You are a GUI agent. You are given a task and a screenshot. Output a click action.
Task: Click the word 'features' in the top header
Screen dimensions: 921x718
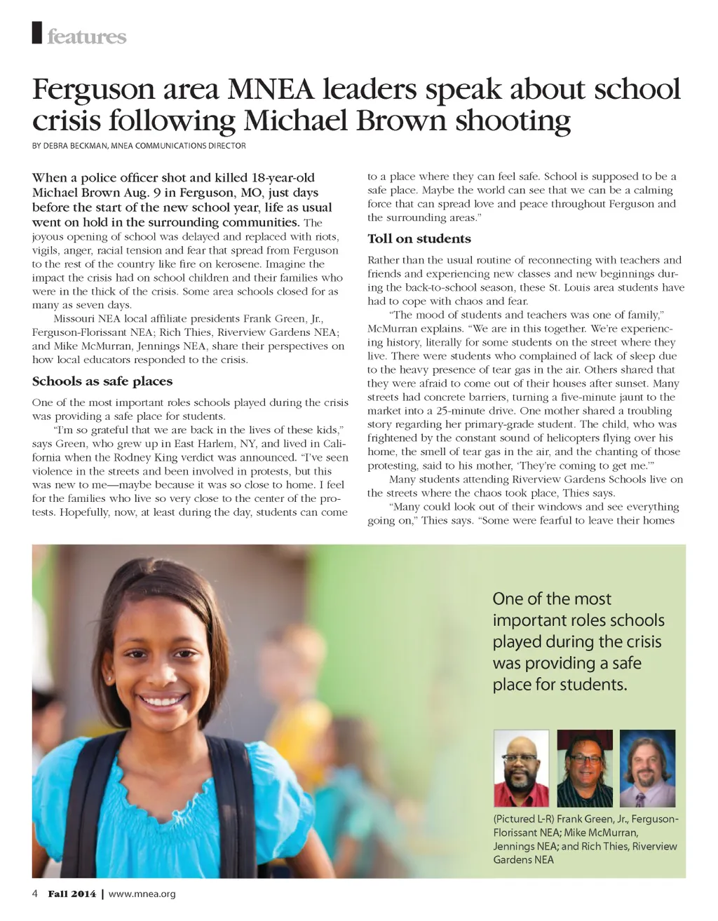[x=87, y=36]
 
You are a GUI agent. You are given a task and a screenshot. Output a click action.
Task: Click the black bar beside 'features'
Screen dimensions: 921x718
[x=37, y=33]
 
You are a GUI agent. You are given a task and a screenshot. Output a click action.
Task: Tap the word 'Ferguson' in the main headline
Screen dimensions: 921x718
[x=93, y=90]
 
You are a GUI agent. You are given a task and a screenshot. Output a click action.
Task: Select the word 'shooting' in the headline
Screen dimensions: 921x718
[x=513, y=121]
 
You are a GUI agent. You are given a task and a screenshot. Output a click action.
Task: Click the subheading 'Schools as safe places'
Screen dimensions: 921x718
[x=102, y=381]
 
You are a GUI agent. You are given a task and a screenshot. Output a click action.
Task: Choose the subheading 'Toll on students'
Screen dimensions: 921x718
[x=419, y=238]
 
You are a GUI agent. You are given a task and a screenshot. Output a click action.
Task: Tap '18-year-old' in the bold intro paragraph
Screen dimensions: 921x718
[x=283, y=177]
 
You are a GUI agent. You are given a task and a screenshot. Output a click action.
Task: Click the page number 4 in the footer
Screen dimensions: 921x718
[x=35, y=894]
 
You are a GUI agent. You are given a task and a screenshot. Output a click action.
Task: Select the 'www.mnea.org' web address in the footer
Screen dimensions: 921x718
[x=142, y=894]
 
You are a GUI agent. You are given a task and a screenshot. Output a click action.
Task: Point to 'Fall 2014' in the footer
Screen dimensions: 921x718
[x=72, y=894]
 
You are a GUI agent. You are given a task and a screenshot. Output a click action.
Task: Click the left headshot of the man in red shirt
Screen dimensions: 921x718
[x=521, y=768]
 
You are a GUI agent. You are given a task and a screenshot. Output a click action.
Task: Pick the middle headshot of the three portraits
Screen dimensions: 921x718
[x=585, y=768]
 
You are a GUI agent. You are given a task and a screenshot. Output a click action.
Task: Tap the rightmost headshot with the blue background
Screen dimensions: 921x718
[x=647, y=768]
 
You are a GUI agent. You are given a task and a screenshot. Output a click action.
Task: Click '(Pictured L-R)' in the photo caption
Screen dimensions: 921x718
[x=524, y=819]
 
